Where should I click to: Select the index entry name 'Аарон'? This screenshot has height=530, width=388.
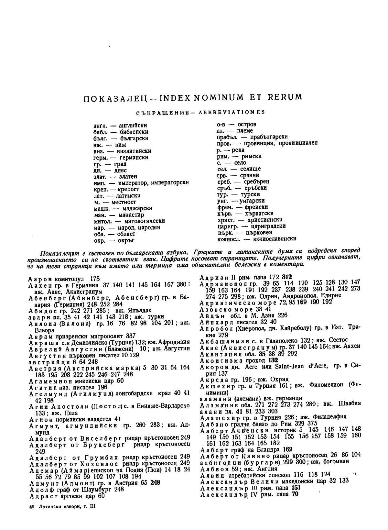pos(38,279)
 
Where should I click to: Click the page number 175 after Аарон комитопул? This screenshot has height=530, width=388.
pos(95,279)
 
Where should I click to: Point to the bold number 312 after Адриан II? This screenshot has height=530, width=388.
pos(287,277)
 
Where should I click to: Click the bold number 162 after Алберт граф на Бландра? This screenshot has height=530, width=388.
pos(287,449)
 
